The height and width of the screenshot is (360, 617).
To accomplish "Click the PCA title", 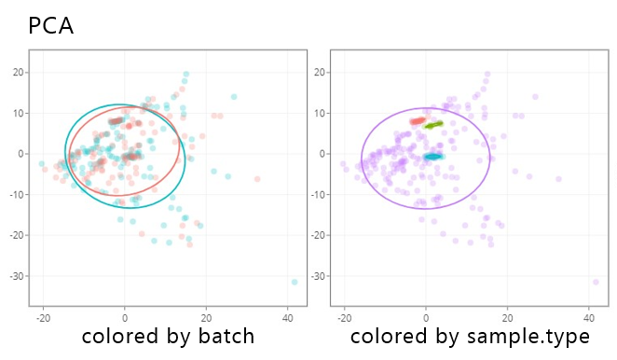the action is pyautogui.click(x=51, y=26).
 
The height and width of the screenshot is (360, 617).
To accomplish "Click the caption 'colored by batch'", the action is pyautogui.click(x=168, y=337).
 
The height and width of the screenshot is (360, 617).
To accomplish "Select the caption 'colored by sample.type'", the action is pyautogui.click(x=470, y=338).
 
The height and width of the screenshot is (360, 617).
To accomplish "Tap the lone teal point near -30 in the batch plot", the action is pyautogui.click(x=295, y=282).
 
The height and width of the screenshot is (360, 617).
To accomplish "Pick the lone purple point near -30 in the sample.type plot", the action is pyautogui.click(x=596, y=282).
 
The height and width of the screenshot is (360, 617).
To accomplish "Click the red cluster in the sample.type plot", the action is pyautogui.click(x=418, y=121).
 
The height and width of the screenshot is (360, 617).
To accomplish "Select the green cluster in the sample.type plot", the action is pyautogui.click(x=433, y=125).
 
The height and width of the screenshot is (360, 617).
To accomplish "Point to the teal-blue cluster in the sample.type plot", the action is pyautogui.click(x=433, y=157).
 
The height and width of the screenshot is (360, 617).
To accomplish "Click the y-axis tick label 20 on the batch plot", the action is pyautogui.click(x=18, y=73).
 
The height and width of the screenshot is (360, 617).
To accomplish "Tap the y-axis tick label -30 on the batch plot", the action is pyautogui.click(x=17, y=276).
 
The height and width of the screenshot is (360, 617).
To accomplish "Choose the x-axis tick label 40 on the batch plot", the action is pyautogui.click(x=288, y=318).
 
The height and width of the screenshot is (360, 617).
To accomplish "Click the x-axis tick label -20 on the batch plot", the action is pyautogui.click(x=43, y=318).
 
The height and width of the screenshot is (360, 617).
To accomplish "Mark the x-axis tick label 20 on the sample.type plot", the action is pyautogui.click(x=508, y=318).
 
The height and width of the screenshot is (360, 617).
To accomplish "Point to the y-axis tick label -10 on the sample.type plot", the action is pyautogui.click(x=318, y=195).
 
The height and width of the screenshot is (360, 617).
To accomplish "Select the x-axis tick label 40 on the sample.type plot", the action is pyautogui.click(x=589, y=318).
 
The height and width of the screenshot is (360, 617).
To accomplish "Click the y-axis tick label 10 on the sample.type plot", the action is pyautogui.click(x=320, y=114).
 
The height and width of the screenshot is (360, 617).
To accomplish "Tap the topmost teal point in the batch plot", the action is pyautogui.click(x=186, y=74).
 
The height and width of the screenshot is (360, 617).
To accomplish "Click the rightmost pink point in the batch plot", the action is pyautogui.click(x=257, y=179).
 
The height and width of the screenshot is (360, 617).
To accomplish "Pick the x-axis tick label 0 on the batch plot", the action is pyautogui.click(x=125, y=318).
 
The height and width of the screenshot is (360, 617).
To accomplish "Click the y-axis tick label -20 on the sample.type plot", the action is pyautogui.click(x=318, y=236).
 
